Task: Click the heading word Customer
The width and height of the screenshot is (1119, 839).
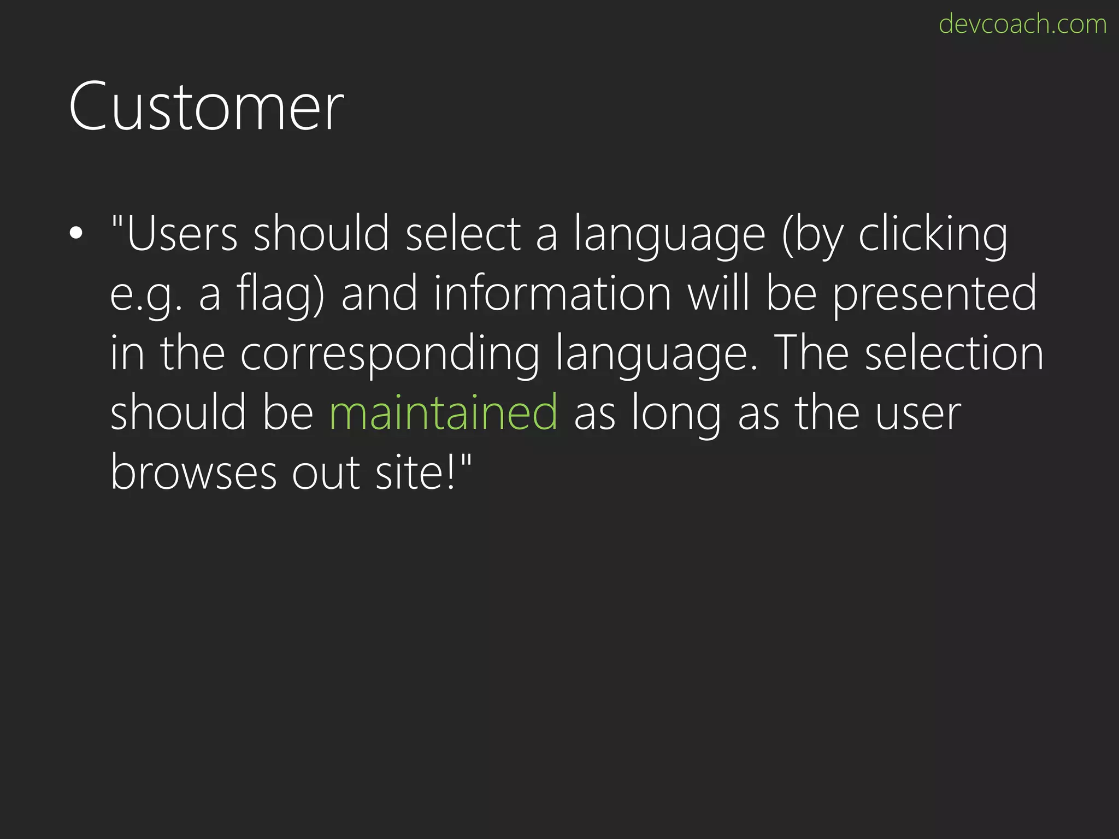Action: [x=206, y=107]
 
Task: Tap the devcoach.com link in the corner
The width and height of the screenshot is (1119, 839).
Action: [x=1022, y=25]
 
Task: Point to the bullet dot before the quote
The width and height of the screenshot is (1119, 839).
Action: [x=76, y=233]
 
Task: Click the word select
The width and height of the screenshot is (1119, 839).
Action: [x=463, y=234]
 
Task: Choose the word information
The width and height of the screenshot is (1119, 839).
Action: [x=552, y=294]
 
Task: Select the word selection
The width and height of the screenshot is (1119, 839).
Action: [x=954, y=354]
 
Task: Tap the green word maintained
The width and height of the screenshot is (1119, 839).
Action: [x=444, y=413]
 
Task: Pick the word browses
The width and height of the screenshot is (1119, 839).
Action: [x=193, y=472]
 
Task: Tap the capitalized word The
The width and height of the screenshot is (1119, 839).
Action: [x=811, y=354]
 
